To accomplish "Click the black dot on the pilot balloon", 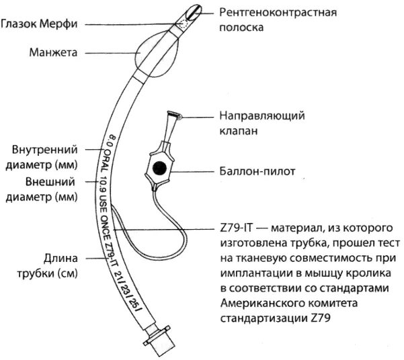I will coord(160,167).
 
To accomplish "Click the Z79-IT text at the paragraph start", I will coord(233,229).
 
